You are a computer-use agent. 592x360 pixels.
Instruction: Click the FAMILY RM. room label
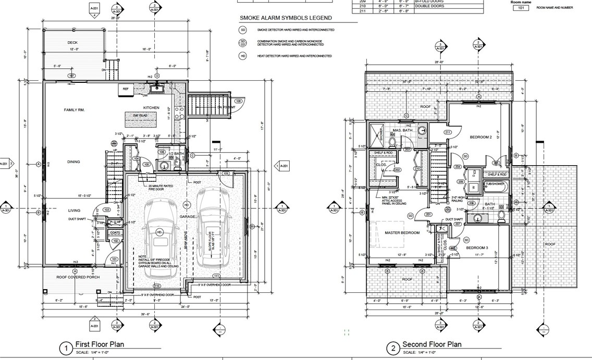coord(73,110)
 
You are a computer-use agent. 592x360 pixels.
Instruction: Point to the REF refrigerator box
coord(126,89)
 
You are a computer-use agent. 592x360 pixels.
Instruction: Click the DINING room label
coord(73,162)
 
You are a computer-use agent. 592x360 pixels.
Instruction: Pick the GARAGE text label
coord(188,216)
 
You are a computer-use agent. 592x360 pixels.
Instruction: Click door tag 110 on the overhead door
coord(156,286)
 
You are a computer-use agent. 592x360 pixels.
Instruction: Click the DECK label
coord(72,43)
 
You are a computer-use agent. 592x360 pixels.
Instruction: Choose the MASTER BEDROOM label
coord(402,232)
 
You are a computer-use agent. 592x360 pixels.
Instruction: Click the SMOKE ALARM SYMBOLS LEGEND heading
coord(285,18)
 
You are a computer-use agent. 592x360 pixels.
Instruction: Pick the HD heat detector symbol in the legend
coord(243,56)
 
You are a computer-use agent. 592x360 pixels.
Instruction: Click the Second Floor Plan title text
coord(431,344)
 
